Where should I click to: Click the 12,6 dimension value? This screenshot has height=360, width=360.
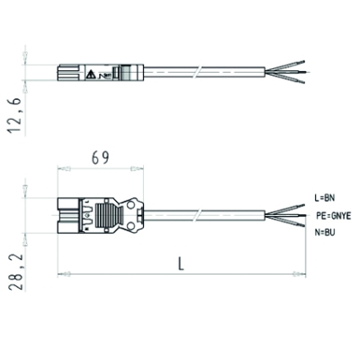click(x=15, y=115)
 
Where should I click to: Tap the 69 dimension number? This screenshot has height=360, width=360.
click(x=100, y=158)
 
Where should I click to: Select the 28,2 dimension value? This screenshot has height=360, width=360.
click(x=15, y=272)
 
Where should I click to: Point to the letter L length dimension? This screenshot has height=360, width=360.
click(x=181, y=264)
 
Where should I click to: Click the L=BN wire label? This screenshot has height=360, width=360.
click(x=325, y=198)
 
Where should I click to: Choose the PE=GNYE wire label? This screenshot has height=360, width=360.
click(x=334, y=215)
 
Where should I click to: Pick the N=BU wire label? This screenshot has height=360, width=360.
click(x=325, y=232)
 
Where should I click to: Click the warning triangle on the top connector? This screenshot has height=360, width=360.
click(x=91, y=75)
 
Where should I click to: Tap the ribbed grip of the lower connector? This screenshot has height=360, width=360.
click(x=106, y=215)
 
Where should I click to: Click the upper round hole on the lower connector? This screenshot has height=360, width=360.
click(x=130, y=205)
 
